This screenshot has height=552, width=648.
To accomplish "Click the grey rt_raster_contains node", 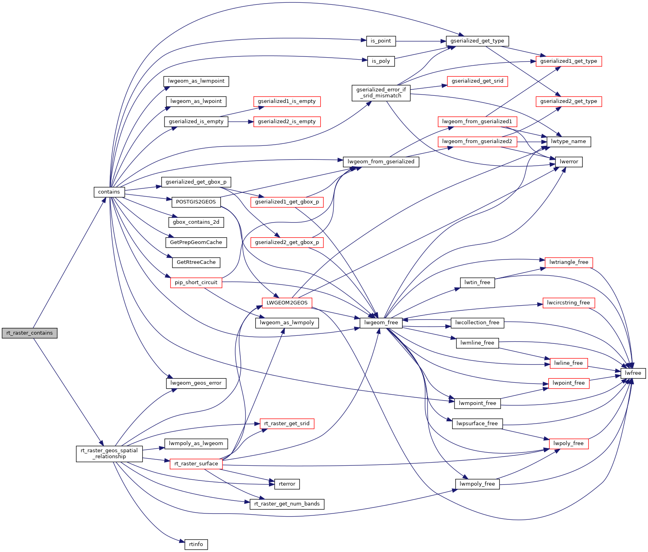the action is click(29, 333).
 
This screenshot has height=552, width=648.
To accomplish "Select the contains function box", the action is click(109, 192).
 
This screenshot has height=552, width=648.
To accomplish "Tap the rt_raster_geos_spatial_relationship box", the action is click(109, 453).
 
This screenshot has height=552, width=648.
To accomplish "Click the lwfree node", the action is click(633, 373).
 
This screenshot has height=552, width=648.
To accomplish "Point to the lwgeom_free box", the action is click(381, 323).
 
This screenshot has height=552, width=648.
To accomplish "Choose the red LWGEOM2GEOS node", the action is click(287, 303).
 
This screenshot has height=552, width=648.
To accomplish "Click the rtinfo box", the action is click(196, 544).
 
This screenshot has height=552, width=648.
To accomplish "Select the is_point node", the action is click(381, 41).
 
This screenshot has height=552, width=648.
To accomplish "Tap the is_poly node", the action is click(381, 61).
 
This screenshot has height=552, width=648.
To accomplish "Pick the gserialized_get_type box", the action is click(477, 41).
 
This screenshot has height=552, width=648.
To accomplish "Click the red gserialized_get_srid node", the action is click(477, 81).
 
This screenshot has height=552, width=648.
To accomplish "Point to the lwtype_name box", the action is click(569, 141).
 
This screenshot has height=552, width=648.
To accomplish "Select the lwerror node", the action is click(569, 162).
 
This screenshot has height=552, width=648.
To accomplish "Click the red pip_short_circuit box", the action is click(196, 283).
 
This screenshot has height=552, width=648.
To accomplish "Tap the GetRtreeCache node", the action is click(196, 262).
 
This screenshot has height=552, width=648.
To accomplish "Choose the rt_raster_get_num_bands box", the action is click(287, 504).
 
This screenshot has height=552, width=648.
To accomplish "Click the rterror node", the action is click(287, 484).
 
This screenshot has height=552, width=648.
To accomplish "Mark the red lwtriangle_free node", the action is click(569, 262).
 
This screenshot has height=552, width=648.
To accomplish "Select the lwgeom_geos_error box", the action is click(196, 383).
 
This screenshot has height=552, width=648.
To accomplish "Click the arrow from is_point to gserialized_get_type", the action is click(421, 41).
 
